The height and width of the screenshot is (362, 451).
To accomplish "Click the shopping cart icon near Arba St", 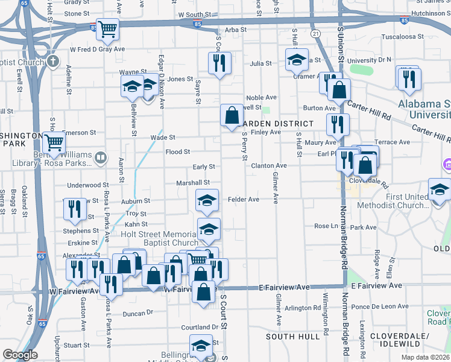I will coord(108,28).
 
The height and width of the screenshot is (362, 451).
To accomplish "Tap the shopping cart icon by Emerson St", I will coord(55,144).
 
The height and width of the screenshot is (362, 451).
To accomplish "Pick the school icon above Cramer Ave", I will coord(296,60).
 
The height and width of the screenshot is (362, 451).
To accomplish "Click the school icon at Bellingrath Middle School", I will coord(201,346).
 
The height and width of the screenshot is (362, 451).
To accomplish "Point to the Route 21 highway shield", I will coord(315,34).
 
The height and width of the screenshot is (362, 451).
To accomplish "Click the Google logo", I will coord(19,355).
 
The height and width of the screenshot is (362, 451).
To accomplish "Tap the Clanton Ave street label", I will coord(268,165).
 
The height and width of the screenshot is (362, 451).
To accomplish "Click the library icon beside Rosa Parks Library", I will coord(101,158).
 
